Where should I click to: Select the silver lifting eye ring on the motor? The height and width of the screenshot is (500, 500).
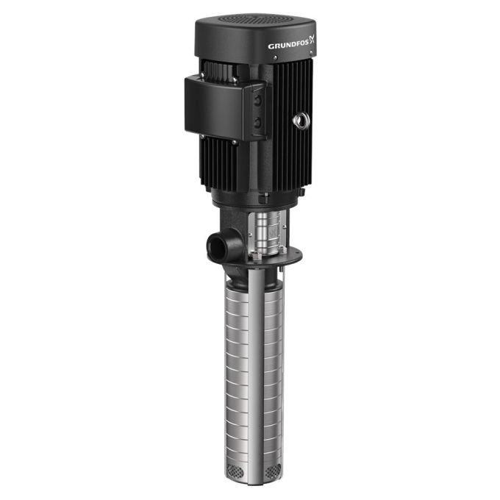click(301, 120)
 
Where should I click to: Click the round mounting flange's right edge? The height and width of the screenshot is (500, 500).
click(301, 256)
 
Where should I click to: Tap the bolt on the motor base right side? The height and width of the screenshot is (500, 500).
click(298, 193)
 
